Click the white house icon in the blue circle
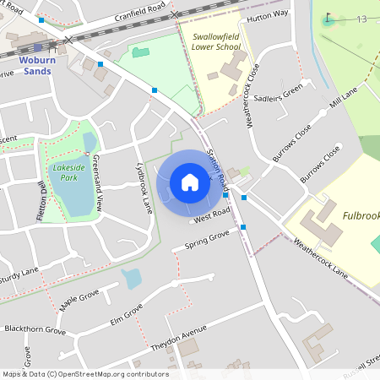pos(190,182)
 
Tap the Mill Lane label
pos(345,99)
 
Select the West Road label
pos(211,217)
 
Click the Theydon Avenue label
pos(178,336)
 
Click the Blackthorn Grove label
pos(35,328)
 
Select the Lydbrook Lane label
pos(145,188)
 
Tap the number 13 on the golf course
pos(361,19)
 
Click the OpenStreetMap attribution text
pos(84,374)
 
